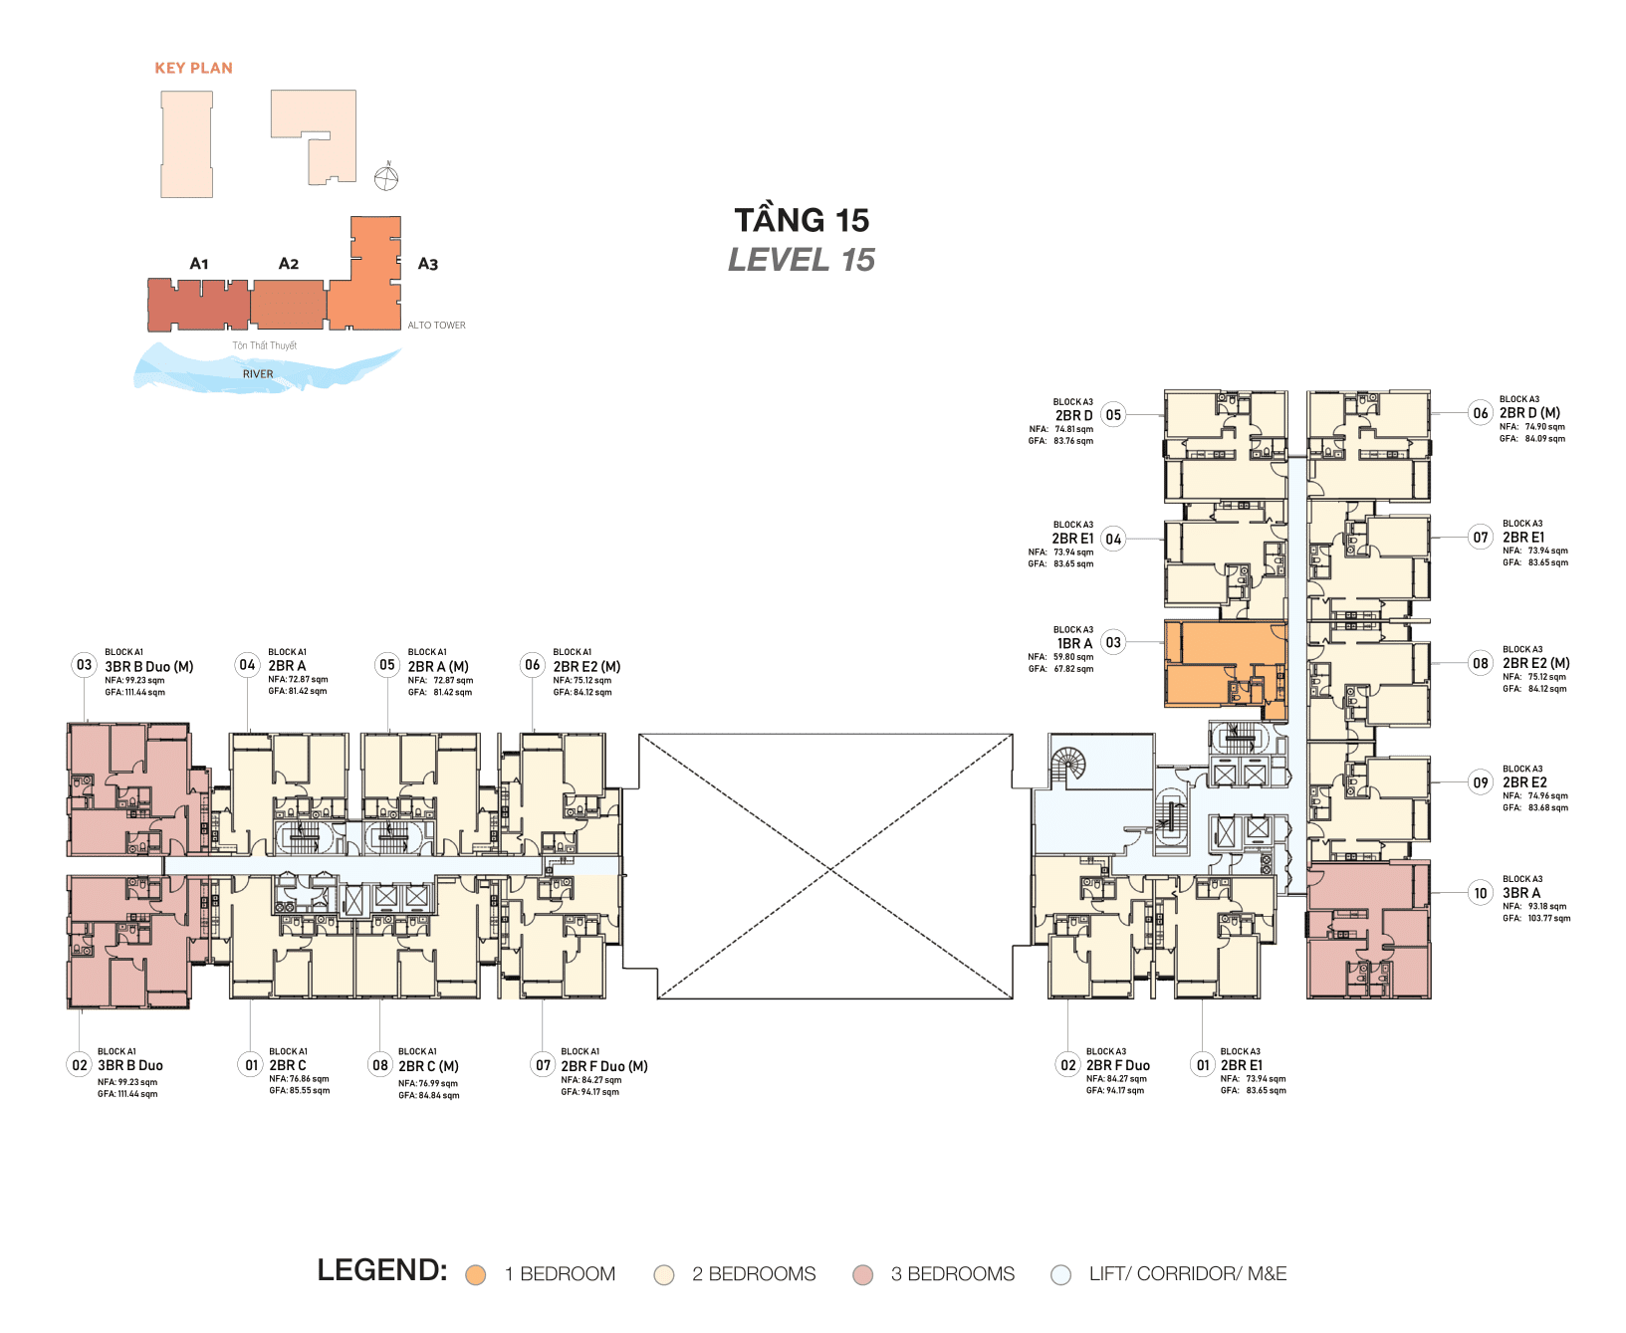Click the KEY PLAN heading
point(193,68)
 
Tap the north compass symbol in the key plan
point(386,178)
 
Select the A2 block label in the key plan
point(288,264)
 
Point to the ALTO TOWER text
point(436,326)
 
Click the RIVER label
point(258,374)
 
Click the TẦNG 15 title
point(802,220)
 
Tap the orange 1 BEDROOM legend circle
point(476,1274)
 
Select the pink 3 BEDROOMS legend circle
point(863,1274)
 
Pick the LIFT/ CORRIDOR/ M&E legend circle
point(1061,1274)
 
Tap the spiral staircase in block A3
point(1068,765)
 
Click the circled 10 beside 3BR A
point(1481,893)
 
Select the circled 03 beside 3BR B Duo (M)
point(85,665)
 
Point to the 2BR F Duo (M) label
point(604,1066)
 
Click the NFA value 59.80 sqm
point(1073,657)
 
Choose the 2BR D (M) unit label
point(1530,413)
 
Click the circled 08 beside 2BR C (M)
point(380,1065)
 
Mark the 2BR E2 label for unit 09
point(1524,782)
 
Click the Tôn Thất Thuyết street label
point(265,345)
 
